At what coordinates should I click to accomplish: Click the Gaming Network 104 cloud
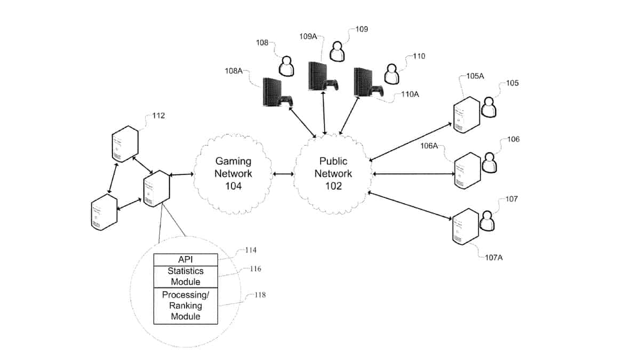coord(233,173)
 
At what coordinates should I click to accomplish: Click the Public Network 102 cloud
coord(333,173)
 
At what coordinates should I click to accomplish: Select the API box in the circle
coord(186,259)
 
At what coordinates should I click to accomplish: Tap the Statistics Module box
coord(186,276)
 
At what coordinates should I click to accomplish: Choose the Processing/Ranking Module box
coord(186,306)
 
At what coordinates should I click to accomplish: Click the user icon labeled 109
coord(337,51)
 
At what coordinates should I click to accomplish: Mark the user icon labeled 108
coord(287,67)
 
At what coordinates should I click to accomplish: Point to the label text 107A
coord(493,258)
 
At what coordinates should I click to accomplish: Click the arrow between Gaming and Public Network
coord(283,174)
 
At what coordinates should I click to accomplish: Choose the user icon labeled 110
coord(392,74)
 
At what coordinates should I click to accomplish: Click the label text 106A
coord(429,146)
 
